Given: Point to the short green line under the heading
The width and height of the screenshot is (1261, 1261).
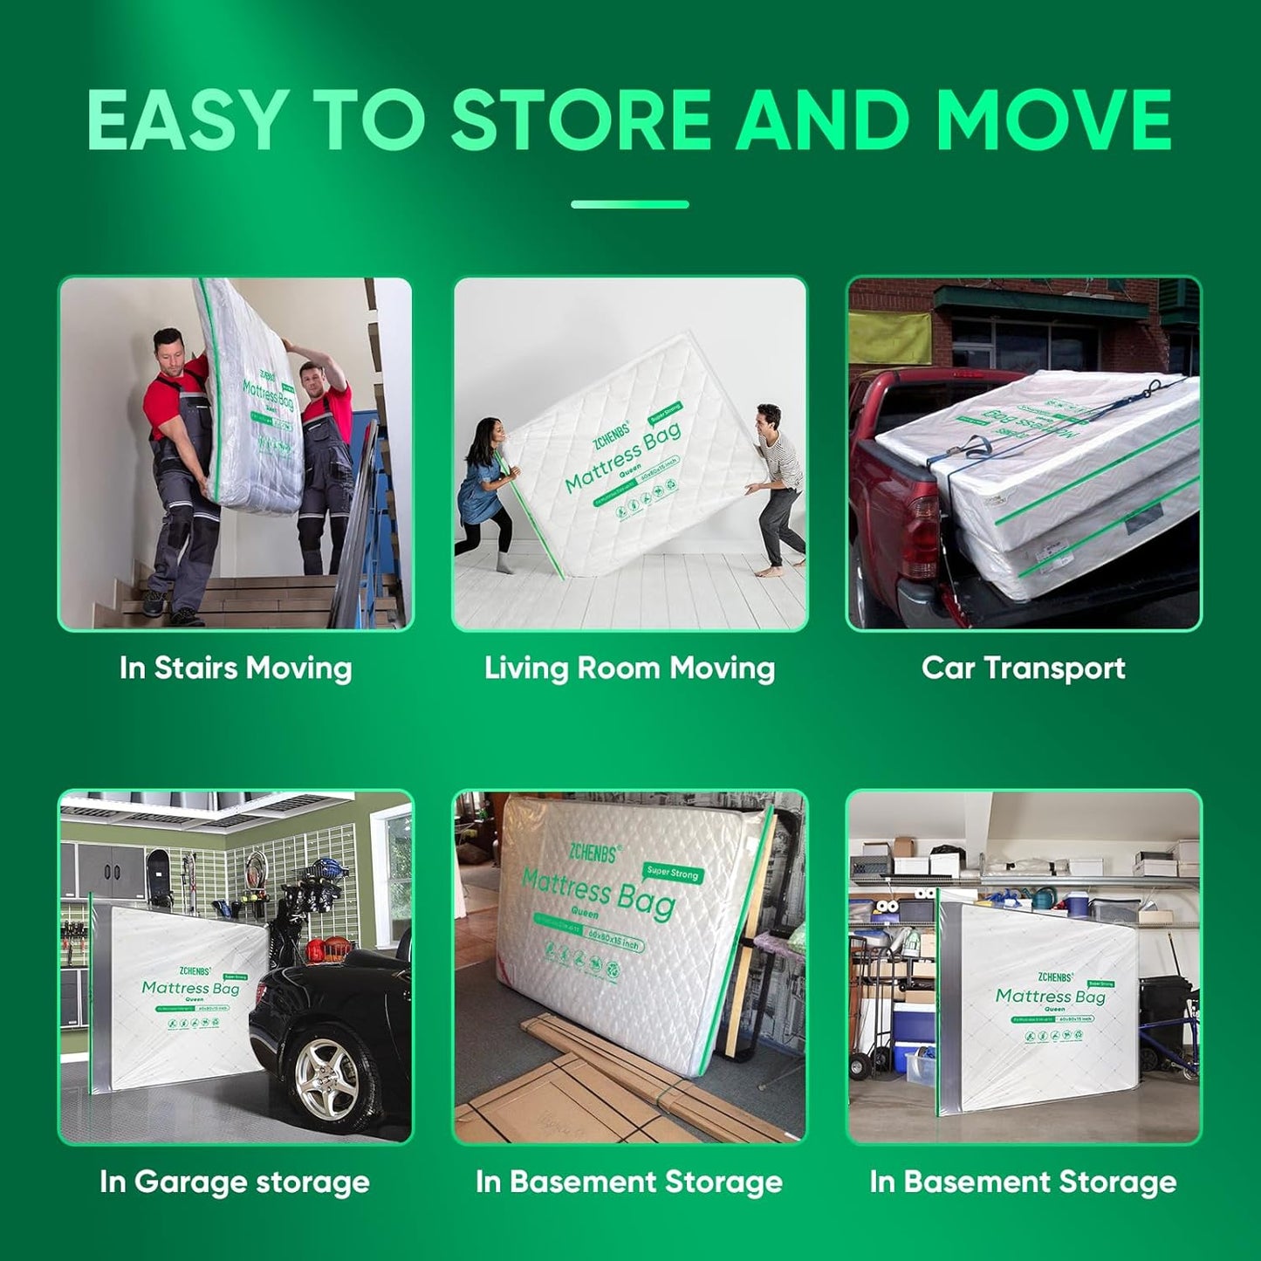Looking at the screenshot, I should (629, 204).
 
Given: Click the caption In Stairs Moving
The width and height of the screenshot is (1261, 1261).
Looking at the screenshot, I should (236, 668).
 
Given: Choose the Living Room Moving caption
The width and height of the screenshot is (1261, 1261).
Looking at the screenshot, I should (629, 668).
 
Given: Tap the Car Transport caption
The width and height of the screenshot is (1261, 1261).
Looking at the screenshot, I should (1023, 668).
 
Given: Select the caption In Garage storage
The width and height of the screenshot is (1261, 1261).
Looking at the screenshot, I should (235, 1182).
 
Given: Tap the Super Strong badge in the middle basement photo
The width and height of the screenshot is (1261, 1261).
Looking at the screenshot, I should (672, 873).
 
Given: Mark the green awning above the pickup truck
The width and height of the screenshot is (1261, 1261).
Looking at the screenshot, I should (1038, 298).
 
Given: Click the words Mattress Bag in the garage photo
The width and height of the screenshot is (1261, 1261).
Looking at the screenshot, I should (190, 988).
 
